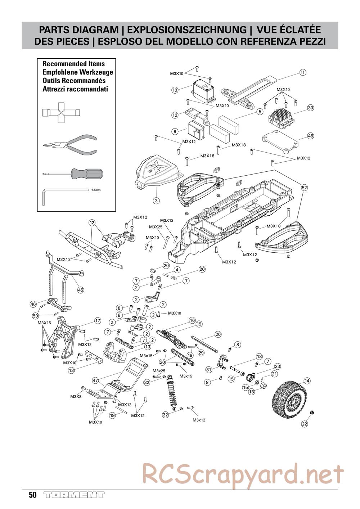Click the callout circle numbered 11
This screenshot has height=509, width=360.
303,72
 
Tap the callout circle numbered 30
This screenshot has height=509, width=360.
311,108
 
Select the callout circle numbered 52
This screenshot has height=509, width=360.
304,188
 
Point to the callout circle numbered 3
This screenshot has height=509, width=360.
156,200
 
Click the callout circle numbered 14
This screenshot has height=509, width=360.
307,380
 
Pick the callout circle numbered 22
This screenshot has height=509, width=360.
305,424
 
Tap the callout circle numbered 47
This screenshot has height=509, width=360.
95,380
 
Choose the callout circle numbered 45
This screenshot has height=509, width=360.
80,289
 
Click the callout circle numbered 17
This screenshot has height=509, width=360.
97,320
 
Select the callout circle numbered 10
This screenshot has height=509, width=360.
175,90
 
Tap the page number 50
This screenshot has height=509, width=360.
32,495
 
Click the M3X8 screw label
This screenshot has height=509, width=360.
76,396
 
